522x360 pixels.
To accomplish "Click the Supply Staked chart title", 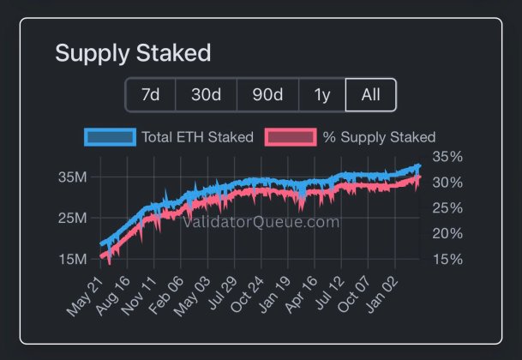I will coord(133,53).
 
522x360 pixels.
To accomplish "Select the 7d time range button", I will coord(151,94).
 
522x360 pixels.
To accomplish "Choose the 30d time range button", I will coord(206,94).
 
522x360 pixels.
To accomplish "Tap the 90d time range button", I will coord(267,94).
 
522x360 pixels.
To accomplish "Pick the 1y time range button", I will coord(322,94).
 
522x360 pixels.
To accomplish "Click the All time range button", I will coord(370,94).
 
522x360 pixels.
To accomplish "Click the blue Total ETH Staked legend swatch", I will coord(110,137).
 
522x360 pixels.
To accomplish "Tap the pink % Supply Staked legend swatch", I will coord(290,137).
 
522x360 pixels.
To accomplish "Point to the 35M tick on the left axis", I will coord(72,177).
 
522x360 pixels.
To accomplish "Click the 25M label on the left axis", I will coord(72,218).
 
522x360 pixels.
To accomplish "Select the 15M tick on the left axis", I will coord(72,259).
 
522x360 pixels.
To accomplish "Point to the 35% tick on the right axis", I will coord(448,157).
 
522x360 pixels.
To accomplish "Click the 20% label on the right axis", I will coord(448,233).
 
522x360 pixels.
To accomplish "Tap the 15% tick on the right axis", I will coord(448,259).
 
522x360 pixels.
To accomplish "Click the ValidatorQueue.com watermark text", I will coord(261,222).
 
